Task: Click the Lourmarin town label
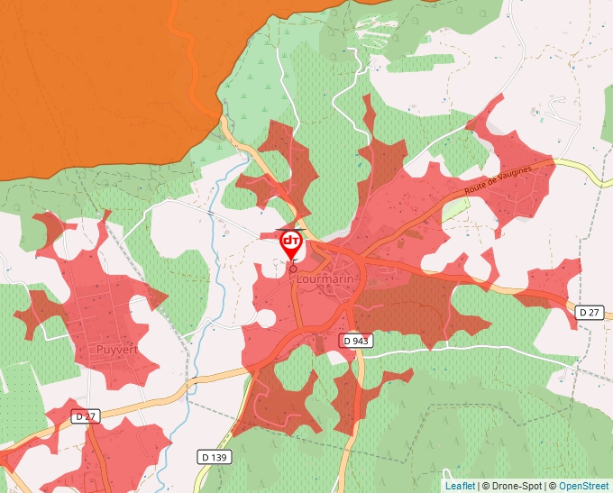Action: coord(326,279)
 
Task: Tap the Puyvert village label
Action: coord(117,349)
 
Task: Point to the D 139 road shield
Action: coord(213,457)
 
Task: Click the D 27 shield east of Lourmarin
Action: coord(589,312)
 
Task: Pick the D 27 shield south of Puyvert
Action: coord(85,416)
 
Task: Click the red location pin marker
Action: coord(291,244)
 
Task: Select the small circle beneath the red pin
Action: coord(292,268)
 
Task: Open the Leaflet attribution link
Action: coord(460,486)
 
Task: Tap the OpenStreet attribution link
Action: coord(584,486)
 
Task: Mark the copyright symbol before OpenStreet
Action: coord(553,486)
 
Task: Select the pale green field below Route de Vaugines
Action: coord(456,208)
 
